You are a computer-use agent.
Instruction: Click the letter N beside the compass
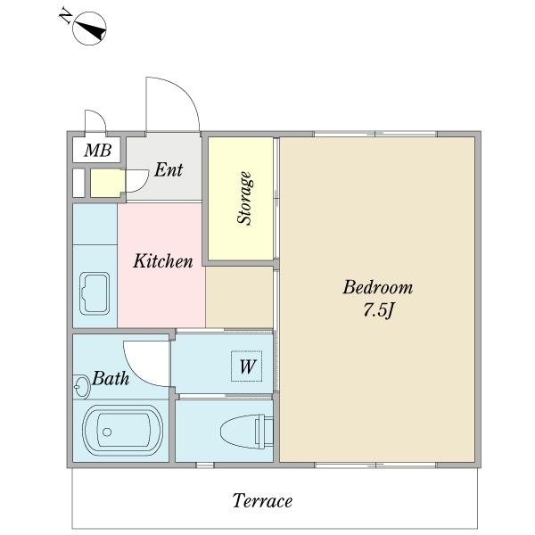pos(66,17)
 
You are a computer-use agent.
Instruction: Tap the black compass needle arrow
pos(91,30)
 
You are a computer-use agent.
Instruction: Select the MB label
pos(97,150)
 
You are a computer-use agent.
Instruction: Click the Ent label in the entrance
pos(169,170)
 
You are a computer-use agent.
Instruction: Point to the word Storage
pos(245,198)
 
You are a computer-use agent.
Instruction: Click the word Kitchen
pos(163,261)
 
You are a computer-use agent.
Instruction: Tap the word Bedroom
pos(378,287)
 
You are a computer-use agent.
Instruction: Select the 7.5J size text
pos(378,310)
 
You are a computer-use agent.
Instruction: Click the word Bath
pos(111,378)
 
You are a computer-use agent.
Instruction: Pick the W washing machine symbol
pos(247,366)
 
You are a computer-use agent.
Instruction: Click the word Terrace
pos(262,501)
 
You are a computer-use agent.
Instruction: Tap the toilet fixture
pos(247,432)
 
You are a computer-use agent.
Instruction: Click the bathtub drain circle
pos(107,432)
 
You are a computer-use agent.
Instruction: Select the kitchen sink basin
pos(95,293)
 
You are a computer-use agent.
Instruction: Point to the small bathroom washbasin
pos(81,387)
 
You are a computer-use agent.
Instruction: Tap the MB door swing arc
pos(99,114)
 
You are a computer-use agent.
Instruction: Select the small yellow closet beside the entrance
pos(106,183)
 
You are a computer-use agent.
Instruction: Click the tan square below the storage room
pos(239,297)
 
